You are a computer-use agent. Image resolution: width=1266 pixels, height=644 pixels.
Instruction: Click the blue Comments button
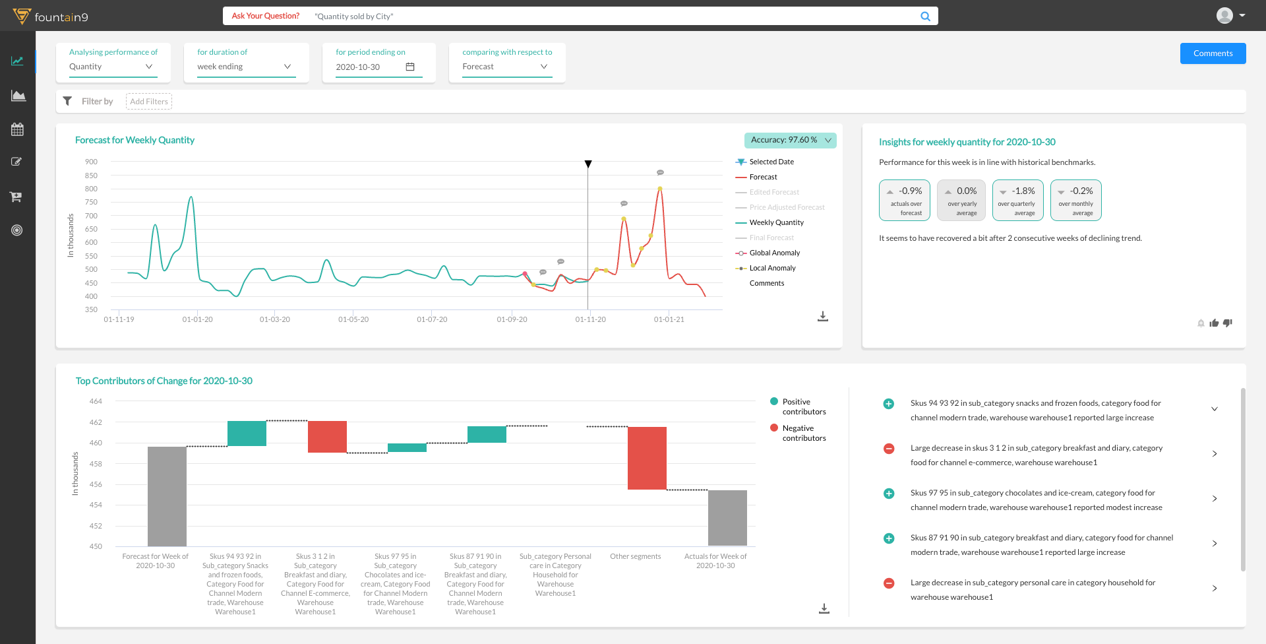click(1213, 53)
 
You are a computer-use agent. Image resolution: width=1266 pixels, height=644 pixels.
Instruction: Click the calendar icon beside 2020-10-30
click(410, 67)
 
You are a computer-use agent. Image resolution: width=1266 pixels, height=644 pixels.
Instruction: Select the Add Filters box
click(149, 102)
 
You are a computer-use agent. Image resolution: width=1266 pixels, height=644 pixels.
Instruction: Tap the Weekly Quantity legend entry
click(776, 222)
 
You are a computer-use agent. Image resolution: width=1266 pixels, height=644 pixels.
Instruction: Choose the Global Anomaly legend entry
click(774, 253)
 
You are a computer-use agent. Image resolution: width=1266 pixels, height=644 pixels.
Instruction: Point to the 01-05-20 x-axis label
click(353, 319)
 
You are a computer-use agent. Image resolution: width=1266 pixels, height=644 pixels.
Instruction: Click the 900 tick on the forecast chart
click(91, 162)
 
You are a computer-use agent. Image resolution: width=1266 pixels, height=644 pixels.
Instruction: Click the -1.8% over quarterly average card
click(1017, 200)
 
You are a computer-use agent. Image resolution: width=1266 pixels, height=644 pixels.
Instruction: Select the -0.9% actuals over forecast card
click(905, 200)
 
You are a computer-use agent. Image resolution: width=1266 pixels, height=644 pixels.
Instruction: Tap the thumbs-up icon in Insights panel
click(1214, 323)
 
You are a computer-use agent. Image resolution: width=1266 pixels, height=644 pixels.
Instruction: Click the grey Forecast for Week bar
click(167, 496)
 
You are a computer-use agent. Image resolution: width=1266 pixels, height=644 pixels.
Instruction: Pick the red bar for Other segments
click(647, 458)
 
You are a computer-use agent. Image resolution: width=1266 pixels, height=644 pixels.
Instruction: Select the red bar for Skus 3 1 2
click(327, 437)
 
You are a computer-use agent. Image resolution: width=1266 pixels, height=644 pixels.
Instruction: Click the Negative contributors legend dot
click(774, 428)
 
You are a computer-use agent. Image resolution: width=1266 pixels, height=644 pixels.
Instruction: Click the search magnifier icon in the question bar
click(926, 16)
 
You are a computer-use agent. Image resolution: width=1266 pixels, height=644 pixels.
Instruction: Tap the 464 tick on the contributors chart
click(96, 401)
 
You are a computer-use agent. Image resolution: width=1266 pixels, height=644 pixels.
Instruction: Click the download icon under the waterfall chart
click(824, 608)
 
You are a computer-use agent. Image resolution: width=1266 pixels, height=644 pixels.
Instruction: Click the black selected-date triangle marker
click(588, 164)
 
